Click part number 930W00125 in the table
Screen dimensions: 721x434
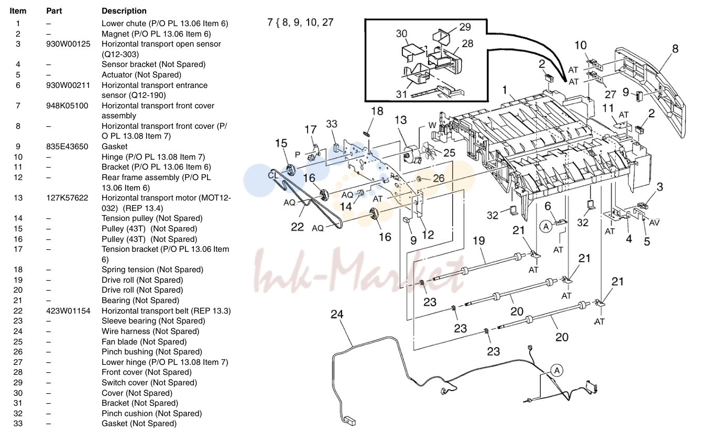68,44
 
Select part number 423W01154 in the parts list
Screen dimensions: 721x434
68,311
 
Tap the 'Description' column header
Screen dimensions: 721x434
124,11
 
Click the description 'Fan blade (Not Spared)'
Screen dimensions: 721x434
144,341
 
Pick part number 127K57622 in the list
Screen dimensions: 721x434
67,198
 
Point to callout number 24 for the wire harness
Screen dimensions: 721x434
337,314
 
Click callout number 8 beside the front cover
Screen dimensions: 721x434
675,49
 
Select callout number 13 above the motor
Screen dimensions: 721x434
401,120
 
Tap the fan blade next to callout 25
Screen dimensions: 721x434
429,151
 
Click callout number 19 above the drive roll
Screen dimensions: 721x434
478,240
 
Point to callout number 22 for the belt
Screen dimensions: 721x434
297,227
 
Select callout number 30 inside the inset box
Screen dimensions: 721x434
401,34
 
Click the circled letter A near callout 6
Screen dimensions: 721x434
546,227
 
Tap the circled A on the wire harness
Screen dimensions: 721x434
557,371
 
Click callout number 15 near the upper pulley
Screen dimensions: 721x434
281,143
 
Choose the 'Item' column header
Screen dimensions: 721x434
18,11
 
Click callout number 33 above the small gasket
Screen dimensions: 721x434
332,124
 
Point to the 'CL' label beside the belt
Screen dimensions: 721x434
273,175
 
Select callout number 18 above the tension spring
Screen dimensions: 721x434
377,111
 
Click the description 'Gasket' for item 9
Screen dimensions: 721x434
115,147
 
